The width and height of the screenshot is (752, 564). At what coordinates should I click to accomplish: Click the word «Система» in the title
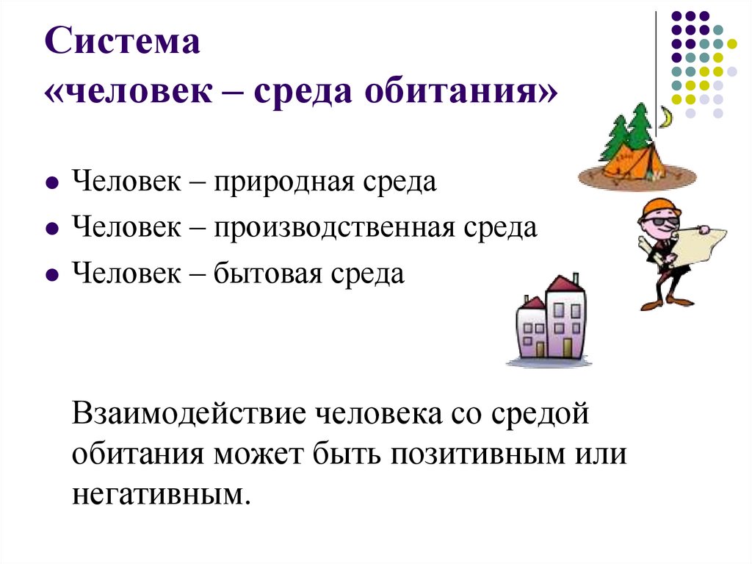click(x=126, y=43)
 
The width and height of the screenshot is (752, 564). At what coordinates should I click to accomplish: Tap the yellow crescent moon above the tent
click(x=665, y=117)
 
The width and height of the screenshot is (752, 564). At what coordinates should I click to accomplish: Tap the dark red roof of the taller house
click(x=564, y=283)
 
